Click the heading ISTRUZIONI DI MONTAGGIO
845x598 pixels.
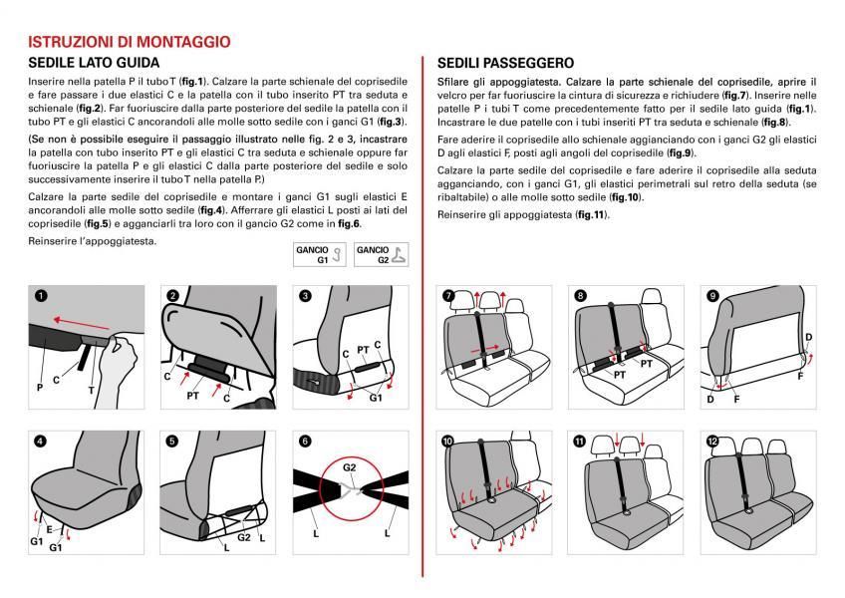130,42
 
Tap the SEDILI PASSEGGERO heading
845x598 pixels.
505,63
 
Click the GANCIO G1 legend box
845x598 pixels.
321,255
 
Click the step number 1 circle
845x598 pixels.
40,295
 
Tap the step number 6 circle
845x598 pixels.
304,441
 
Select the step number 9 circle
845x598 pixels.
712,296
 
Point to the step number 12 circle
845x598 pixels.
712,441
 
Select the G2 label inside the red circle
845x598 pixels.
349,465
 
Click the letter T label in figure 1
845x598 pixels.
92,390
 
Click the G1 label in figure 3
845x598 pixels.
376,397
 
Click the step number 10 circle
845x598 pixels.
447,441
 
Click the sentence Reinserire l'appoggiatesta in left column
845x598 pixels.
93,240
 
